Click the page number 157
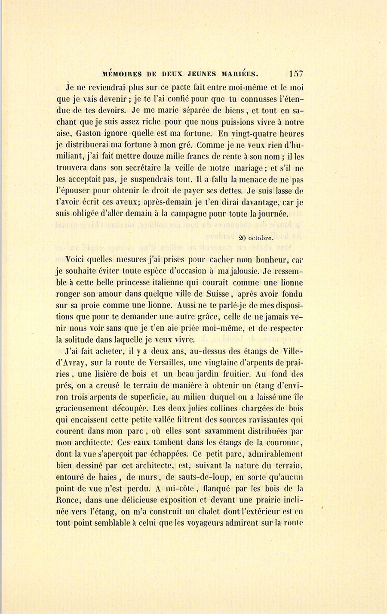click(297, 74)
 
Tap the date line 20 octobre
click(256, 237)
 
